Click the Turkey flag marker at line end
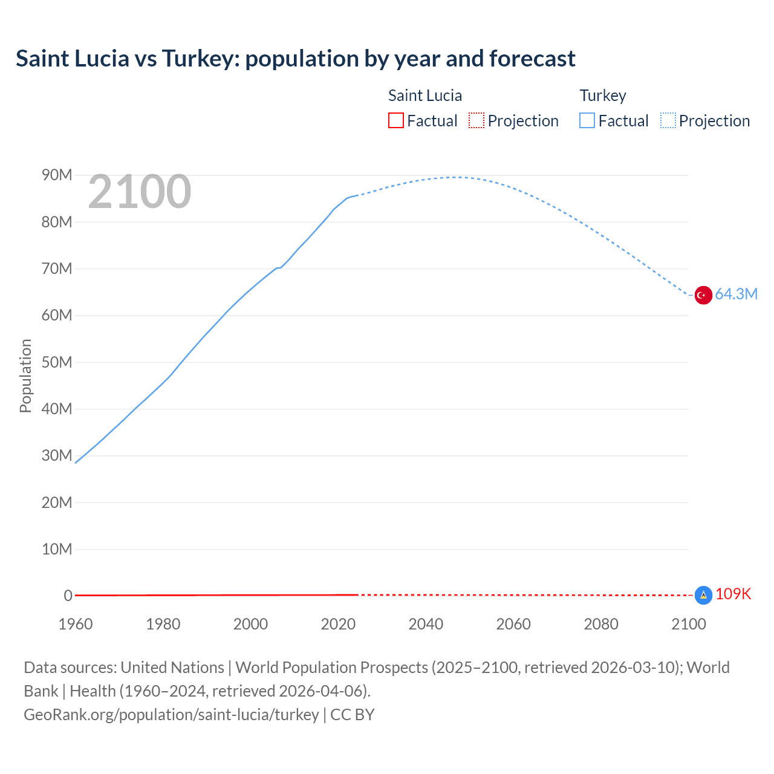(703, 295)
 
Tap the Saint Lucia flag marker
(703, 595)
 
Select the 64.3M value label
(736, 294)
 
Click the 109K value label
(733, 594)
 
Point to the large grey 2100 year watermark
(140, 192)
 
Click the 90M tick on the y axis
(57, 175)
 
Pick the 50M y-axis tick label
(57, 362)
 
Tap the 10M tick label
(57, 549)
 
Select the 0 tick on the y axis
(68, 596)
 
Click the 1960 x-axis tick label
(76, 624)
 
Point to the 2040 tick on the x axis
(426, 624)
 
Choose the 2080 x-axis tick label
(601, 624)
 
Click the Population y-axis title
(25, 376)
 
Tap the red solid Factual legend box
(396, 121)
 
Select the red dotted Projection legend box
(476, 121)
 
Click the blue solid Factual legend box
(587, 121)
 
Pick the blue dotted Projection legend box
(668, 121)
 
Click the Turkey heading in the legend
(603, 96)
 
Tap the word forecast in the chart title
(532, 59)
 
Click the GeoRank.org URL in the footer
(171, 715)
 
